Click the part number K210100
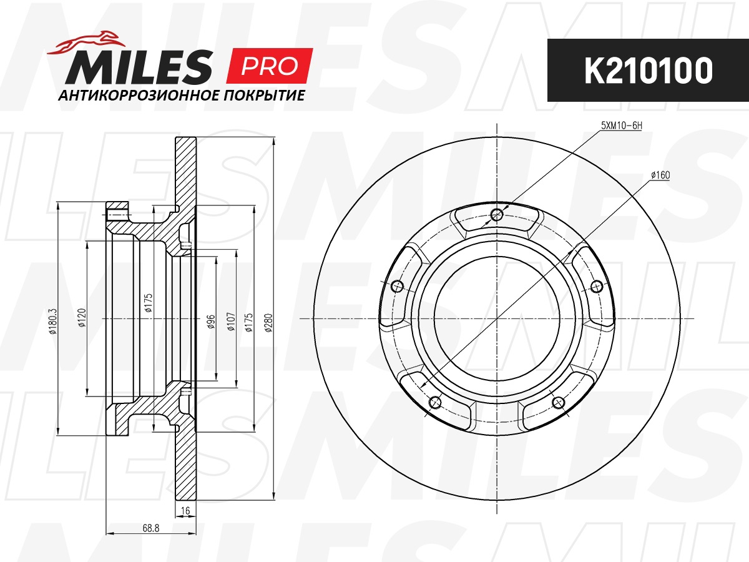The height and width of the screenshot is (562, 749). click(x=649, y=71)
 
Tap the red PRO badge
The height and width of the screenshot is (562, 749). click(x=270, y=66)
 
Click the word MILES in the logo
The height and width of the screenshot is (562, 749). click(x=139, y=67)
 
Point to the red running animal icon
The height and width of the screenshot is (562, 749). click(x=86, y=42)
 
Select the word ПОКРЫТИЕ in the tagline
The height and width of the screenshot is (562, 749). click(x=264, y=96)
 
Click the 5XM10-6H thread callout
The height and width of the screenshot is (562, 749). click(x=622, y=126)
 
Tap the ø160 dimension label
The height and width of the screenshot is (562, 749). click(x=660, y=175)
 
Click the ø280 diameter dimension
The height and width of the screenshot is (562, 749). click(x=269, y=323)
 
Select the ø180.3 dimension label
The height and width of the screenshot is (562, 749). click(x=52, y=321)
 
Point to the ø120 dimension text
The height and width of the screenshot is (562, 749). click(x=82, y=318)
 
